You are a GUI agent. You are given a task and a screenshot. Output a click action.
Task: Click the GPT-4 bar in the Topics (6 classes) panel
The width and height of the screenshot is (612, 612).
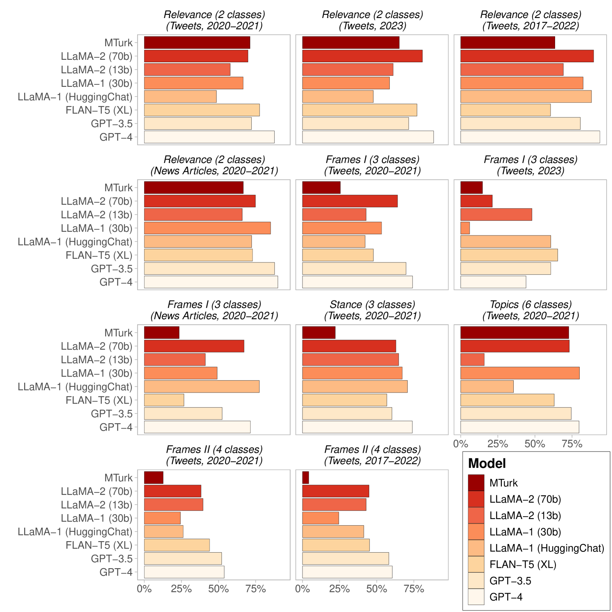pyautogui.click(x=519, y=427)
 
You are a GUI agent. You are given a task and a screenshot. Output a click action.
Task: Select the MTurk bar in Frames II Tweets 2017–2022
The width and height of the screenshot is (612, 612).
pyautogui.click(x=305, y=478)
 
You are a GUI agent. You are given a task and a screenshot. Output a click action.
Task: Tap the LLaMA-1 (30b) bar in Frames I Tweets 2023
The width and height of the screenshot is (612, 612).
pyautogui.click(x=465, y=228)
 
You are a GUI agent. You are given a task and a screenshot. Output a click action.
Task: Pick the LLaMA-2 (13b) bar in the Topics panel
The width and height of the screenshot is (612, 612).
pyautogui.click(x=472, y=359)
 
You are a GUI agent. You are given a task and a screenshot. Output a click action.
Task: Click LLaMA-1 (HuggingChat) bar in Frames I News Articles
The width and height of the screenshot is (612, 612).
pyautogui.click(x=201, y=386)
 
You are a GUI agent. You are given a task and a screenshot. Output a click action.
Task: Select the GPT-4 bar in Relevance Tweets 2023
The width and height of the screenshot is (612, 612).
pyautogui.click(x=368, y=137)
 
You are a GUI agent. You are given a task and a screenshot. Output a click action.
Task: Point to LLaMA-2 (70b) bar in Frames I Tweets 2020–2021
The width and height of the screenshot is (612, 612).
pyautogui.click(x=350, y=201)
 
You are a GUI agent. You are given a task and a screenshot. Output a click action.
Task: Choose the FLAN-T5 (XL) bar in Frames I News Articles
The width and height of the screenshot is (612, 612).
pyautogui.click(x=164, y=400)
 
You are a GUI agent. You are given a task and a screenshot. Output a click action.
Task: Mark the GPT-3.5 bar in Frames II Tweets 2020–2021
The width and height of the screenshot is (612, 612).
pyautogui.click(x=183, y=558)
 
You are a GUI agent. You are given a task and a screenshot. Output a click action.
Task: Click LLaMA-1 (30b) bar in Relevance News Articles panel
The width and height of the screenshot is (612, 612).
pyautogui.click(x=207, y=228)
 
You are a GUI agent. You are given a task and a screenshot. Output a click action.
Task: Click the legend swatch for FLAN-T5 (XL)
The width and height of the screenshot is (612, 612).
pyautogui.click(x=476, y=565)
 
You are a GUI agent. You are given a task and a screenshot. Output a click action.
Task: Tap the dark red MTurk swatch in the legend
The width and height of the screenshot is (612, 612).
pyautogui.click(x=476, y=483)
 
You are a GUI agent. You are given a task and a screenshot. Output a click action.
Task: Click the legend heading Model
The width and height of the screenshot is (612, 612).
pyautogui.click(x=487, y=463)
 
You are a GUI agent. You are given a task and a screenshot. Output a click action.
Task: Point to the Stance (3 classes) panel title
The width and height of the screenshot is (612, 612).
pyautogui.click(x=372, y=305)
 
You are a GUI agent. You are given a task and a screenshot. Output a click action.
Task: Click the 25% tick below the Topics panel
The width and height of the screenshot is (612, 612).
pyautogui.click(x=498, y=444)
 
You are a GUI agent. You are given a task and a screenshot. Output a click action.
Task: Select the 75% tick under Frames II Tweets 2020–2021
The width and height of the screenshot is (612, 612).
pyautogui.click(x=255, y=589)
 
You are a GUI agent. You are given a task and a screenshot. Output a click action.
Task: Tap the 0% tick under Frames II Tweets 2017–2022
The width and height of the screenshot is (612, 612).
pyautogui.click(x=303, y=589)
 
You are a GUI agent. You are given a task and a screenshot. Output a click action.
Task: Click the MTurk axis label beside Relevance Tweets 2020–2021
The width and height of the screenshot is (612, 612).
pyautogui.click(x=118, y=43)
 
